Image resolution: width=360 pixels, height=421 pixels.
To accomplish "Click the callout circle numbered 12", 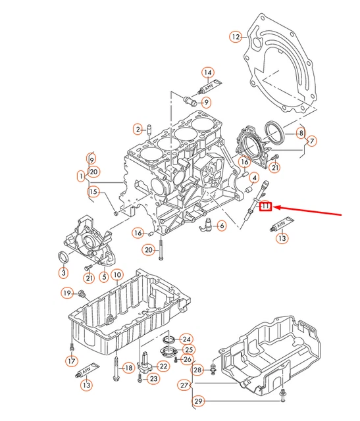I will tap(236, 37).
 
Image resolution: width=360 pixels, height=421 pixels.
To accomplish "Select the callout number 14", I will tap(207, 72).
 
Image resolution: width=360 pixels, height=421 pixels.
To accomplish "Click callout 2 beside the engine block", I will tap(138, 128).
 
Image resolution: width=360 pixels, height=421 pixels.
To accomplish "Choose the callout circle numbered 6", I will tap(221, 226).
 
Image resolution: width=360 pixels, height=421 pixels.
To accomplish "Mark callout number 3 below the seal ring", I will tap(312, 141).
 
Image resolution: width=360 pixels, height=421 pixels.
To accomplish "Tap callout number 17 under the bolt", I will tap(71, 360).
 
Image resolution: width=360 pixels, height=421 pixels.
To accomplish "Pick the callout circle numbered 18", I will tap(129, 368).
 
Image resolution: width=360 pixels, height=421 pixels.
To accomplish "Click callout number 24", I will tap(186, 339).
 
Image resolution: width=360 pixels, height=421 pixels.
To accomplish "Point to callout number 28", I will tap(198, 372).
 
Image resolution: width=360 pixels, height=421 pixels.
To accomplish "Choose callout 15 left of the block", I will tap(93, 192).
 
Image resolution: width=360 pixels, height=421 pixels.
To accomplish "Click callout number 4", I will tap(254, 177).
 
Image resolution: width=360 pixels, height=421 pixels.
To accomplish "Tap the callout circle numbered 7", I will tap(312, 141).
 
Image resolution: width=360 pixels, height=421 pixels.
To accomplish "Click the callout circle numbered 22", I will tap(163, 366).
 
